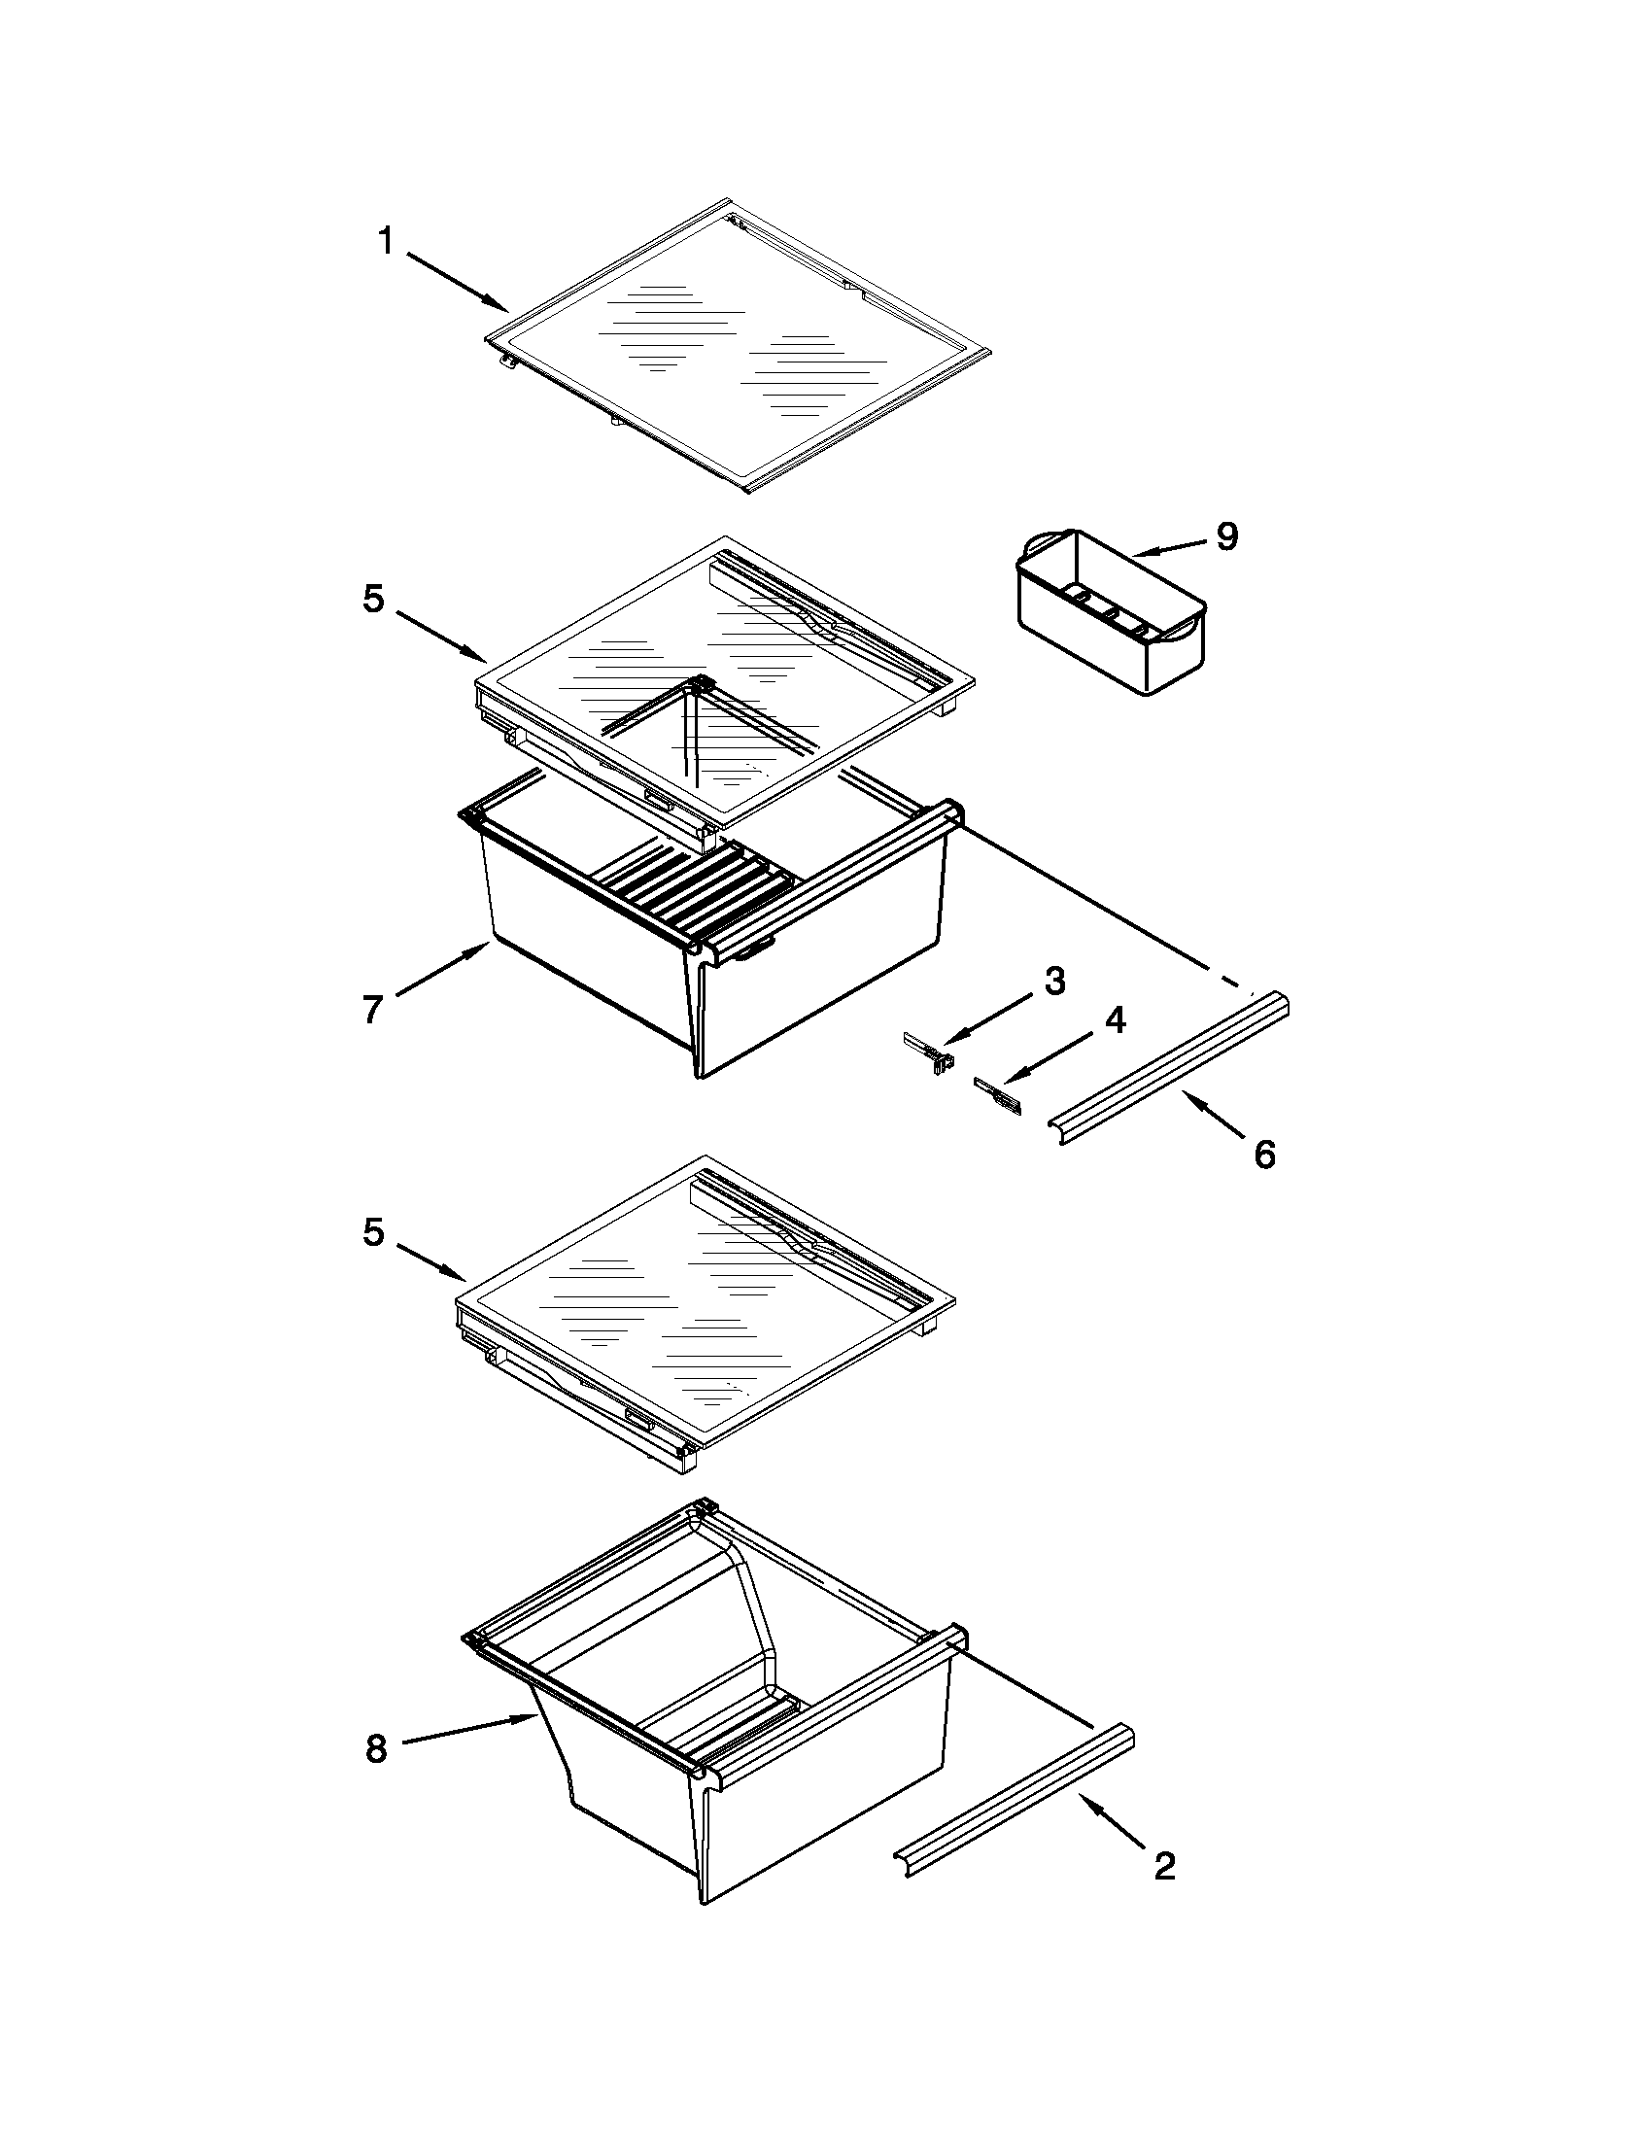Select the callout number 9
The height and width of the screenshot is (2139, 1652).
[1226, 536]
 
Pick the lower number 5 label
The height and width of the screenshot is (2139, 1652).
[373, 1232]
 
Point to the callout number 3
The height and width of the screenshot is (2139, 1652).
[1053, 981]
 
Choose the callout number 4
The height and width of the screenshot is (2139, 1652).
[1115, 1020]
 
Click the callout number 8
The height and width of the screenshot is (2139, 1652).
[376, 1748]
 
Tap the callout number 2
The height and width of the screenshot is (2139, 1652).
[1164, 1867]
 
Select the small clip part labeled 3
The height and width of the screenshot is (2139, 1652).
[928, 1051]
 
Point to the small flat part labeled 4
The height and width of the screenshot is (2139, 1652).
[998, 1094]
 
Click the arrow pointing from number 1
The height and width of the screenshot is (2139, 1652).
[458, 282]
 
